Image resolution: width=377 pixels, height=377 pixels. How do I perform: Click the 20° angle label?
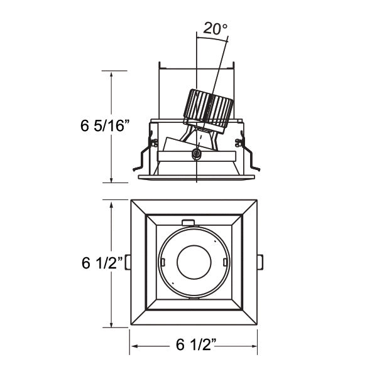215,28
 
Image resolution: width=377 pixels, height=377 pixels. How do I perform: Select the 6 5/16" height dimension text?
105,125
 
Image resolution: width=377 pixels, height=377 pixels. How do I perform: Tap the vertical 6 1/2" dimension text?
102,263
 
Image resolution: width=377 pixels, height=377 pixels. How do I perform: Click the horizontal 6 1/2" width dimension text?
196,344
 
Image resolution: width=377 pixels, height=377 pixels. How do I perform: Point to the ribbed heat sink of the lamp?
209,109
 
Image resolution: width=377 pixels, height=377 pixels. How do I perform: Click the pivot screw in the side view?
197,153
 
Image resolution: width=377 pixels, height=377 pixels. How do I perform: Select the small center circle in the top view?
194,262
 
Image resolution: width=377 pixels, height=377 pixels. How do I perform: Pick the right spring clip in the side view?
248,151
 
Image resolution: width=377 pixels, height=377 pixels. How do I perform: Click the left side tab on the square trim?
128,262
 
